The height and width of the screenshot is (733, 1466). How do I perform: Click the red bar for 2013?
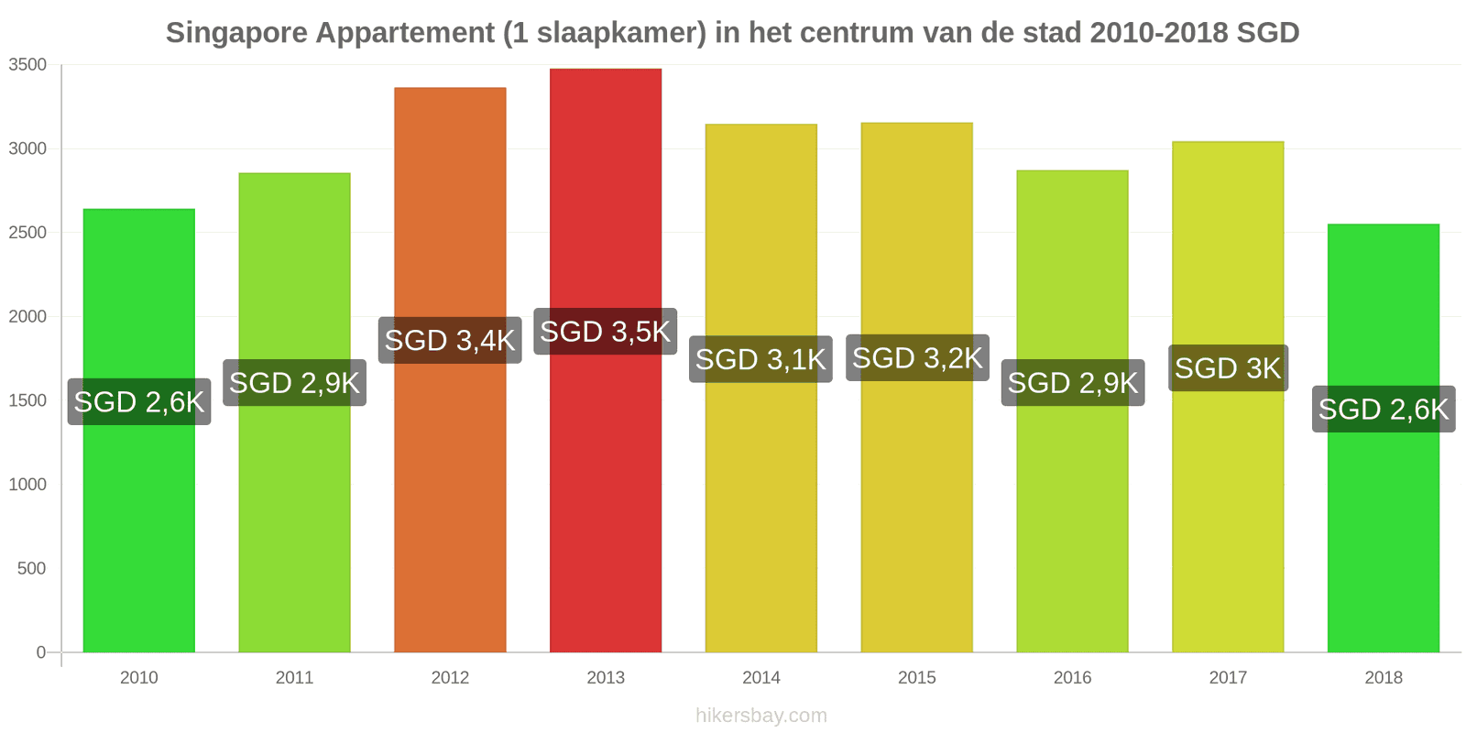pos(606,360)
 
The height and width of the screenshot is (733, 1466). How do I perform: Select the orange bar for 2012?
pos(450,370)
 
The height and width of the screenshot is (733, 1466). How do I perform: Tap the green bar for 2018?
pos(1384,438)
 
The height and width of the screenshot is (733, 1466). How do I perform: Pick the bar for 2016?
pos(1073,411)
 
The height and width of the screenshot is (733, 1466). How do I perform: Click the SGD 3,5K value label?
pos(606,331)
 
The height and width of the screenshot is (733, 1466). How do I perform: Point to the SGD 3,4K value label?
pos(450,340)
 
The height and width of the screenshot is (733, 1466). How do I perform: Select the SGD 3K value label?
pos(1229,367)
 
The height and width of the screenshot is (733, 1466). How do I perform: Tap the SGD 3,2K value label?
pos(917,358)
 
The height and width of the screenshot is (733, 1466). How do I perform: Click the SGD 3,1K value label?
pos(761,359)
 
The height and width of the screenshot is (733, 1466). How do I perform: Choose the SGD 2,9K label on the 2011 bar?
pos(294,383)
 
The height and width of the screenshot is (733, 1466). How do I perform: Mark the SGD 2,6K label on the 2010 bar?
pos(139,402)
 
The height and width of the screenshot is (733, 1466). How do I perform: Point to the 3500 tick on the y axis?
pos(27,65)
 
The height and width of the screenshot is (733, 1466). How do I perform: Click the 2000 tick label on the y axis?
pos(27,317)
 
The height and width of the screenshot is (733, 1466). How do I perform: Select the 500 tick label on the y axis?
pos(32,568)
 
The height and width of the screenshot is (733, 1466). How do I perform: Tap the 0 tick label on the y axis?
pos(41,651)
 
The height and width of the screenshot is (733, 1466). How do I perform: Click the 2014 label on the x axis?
pos(761,677)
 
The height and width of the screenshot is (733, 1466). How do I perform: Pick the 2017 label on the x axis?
pos(1229,677)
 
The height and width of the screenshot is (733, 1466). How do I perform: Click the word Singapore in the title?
pos(237,33)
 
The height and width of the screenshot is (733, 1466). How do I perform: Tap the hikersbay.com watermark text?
pos(761,716)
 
